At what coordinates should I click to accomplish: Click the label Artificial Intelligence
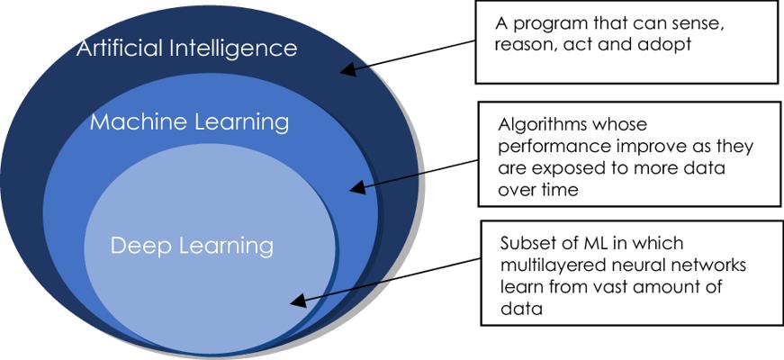point(186,49)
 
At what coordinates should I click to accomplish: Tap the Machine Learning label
point(189,122)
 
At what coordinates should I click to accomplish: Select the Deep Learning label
point(192,246)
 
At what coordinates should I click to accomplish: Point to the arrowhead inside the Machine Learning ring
point(357,187)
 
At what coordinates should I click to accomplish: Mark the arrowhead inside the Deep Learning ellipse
point(298,300)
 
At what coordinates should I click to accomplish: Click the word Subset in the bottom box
point(525,244)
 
